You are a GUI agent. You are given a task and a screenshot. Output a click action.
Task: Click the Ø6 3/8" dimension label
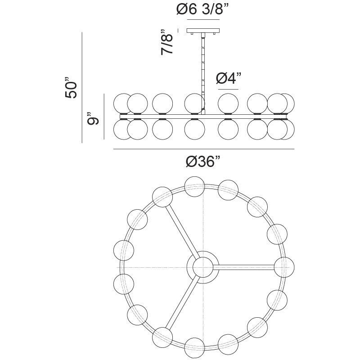coord(203,9)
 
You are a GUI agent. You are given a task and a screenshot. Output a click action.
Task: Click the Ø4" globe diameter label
coord(228,78)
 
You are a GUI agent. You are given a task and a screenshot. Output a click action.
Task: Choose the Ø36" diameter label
coord(203,162)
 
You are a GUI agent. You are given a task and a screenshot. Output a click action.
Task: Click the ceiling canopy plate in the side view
coord(203,33)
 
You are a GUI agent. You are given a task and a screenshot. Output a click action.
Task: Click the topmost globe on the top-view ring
coord(195,185)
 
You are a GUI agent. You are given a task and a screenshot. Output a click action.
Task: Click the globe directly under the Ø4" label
coord(228,103)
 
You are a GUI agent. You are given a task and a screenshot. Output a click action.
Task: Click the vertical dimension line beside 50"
coord(82,87)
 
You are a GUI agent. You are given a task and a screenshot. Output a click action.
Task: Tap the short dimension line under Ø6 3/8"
coord(203,21)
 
